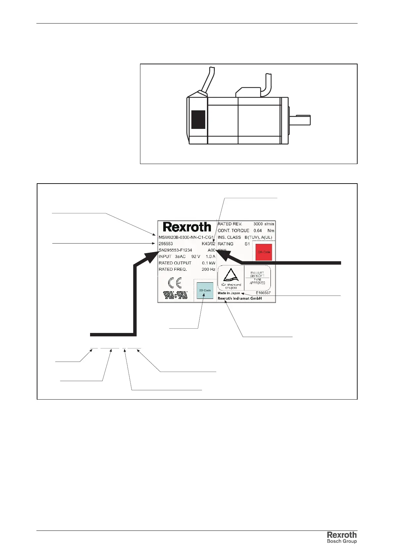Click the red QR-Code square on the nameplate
(264, 252)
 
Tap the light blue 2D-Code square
(205, 290)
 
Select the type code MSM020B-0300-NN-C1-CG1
(186, 237)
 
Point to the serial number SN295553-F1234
(175, 250)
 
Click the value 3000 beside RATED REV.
(258, 224)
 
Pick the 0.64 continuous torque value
(258, 231)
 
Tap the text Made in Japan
(229, 293)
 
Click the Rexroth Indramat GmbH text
(240, 299)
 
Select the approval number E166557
(263, 293)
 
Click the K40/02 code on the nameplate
(209, 244)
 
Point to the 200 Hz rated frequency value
(209, 269)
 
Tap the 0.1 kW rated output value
(209, 263)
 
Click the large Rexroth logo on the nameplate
(187, 227)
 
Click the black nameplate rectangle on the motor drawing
(198, 120)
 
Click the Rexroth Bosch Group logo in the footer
(342, 537)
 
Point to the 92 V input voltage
(196, 256)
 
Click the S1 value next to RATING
(247, 244)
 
